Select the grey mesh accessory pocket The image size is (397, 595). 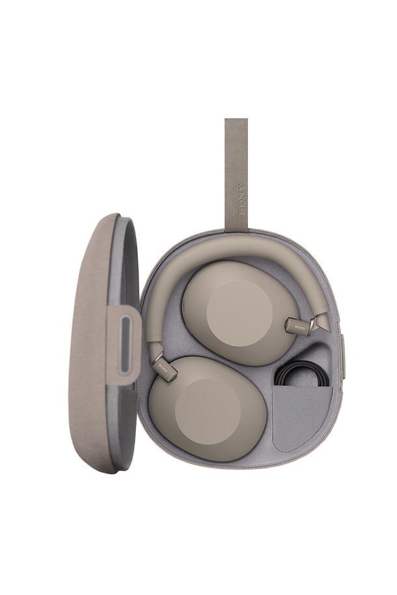coord(303,417)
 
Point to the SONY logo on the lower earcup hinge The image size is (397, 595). coord(163,367)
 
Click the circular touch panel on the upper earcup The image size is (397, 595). coord(240,313)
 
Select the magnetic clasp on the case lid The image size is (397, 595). coord(125,345)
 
